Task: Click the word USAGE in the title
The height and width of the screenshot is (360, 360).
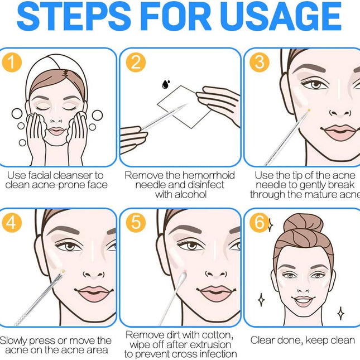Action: pos(282,16)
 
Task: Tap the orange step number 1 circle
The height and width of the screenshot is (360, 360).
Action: pos(12,63)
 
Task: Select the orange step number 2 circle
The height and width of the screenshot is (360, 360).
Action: pos(136,63)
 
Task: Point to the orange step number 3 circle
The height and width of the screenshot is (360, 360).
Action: pos(260,63)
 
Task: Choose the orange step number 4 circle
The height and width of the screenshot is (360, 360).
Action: pos(12,223)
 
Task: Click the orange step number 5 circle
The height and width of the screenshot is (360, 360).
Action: pos(136,223)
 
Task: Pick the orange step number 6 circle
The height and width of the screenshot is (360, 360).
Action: pos(260,223)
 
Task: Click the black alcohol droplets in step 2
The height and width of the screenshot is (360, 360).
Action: pos(166,84)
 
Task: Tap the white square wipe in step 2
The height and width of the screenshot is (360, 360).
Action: pos(184,107)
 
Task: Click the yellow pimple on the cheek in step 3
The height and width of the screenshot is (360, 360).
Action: pos(309,110)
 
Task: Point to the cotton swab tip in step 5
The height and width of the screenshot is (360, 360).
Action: pos(183,277)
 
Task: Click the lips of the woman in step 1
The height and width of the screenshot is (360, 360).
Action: pos(56,131)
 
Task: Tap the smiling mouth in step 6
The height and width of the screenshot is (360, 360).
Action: pos(303,300)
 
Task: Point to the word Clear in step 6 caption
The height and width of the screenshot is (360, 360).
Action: pos(262,340)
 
